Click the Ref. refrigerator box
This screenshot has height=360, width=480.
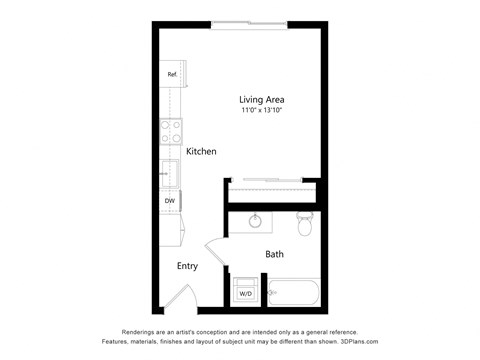point(171,75)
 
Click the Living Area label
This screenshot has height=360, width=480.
point(262,99)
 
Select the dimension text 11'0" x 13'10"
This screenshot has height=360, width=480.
point(262,111)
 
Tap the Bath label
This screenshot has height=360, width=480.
point(274,254)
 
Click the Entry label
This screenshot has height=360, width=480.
point(187,266)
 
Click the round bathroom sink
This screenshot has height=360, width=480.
point(256,221)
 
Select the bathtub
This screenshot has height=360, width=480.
point(292,293)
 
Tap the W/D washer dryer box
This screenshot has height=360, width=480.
point(245,293)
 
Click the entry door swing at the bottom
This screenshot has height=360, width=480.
point(180,295)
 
